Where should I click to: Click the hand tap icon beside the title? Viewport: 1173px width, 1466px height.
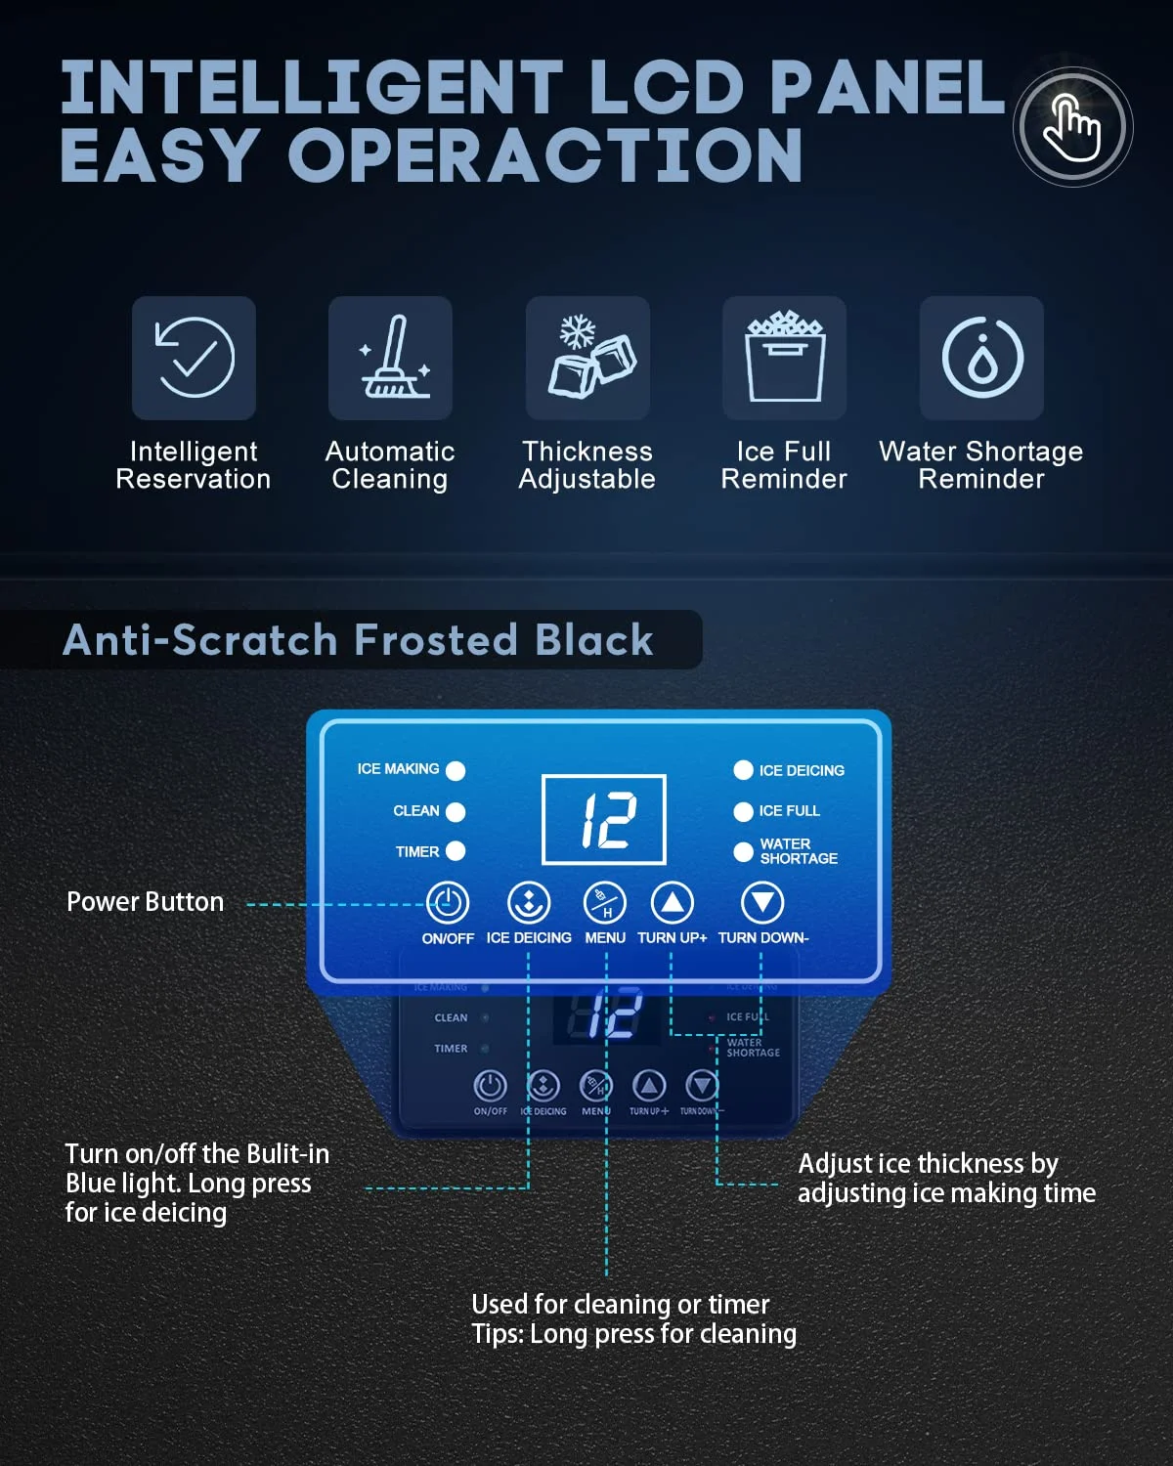[x=1072, y=127]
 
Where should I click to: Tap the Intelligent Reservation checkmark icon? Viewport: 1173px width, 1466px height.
[x=195, y=358]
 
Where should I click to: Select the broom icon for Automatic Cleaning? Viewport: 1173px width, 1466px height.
[x=391, y=358]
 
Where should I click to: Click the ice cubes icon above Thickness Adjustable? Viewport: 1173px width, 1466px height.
[x=588, y=358]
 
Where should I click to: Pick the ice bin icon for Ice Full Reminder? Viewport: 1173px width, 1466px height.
[x=784, y=358]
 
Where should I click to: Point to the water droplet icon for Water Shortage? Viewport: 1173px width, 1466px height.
[x=981, y=358]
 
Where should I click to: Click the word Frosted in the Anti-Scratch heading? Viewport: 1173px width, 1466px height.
[x=436, y=640]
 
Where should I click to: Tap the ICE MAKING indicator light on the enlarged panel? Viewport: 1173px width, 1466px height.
[x=456, y=770]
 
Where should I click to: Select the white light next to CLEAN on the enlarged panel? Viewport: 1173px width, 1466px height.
[x=456, y=811]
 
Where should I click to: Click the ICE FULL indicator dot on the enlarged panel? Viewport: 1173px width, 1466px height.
[x=743, y=811]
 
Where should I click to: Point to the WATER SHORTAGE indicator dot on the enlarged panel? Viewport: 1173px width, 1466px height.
[x=743, y=851]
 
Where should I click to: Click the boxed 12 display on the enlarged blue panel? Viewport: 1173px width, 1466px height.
[x=604, y=819]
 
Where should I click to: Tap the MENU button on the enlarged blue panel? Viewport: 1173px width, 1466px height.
[x=605, y=903]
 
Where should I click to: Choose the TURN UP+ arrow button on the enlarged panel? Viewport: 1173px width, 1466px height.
[x=673, y=903]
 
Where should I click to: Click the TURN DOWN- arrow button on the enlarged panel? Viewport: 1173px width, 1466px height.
[x=762, y=903]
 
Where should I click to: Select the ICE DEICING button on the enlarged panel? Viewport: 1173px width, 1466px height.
[x=529, y=903]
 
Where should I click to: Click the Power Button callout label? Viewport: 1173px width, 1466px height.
[x=145, y=902]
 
